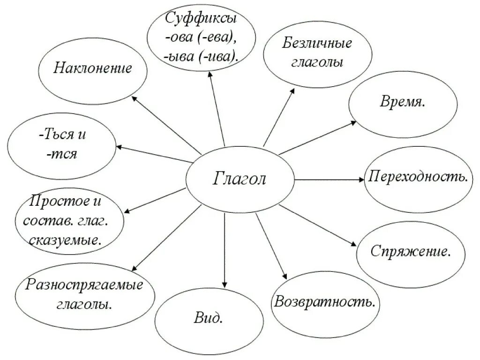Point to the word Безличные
pos(317,45)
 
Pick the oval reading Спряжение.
pos(411,251)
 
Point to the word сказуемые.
pos(66,241)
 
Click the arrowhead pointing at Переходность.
pos(361,180)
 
